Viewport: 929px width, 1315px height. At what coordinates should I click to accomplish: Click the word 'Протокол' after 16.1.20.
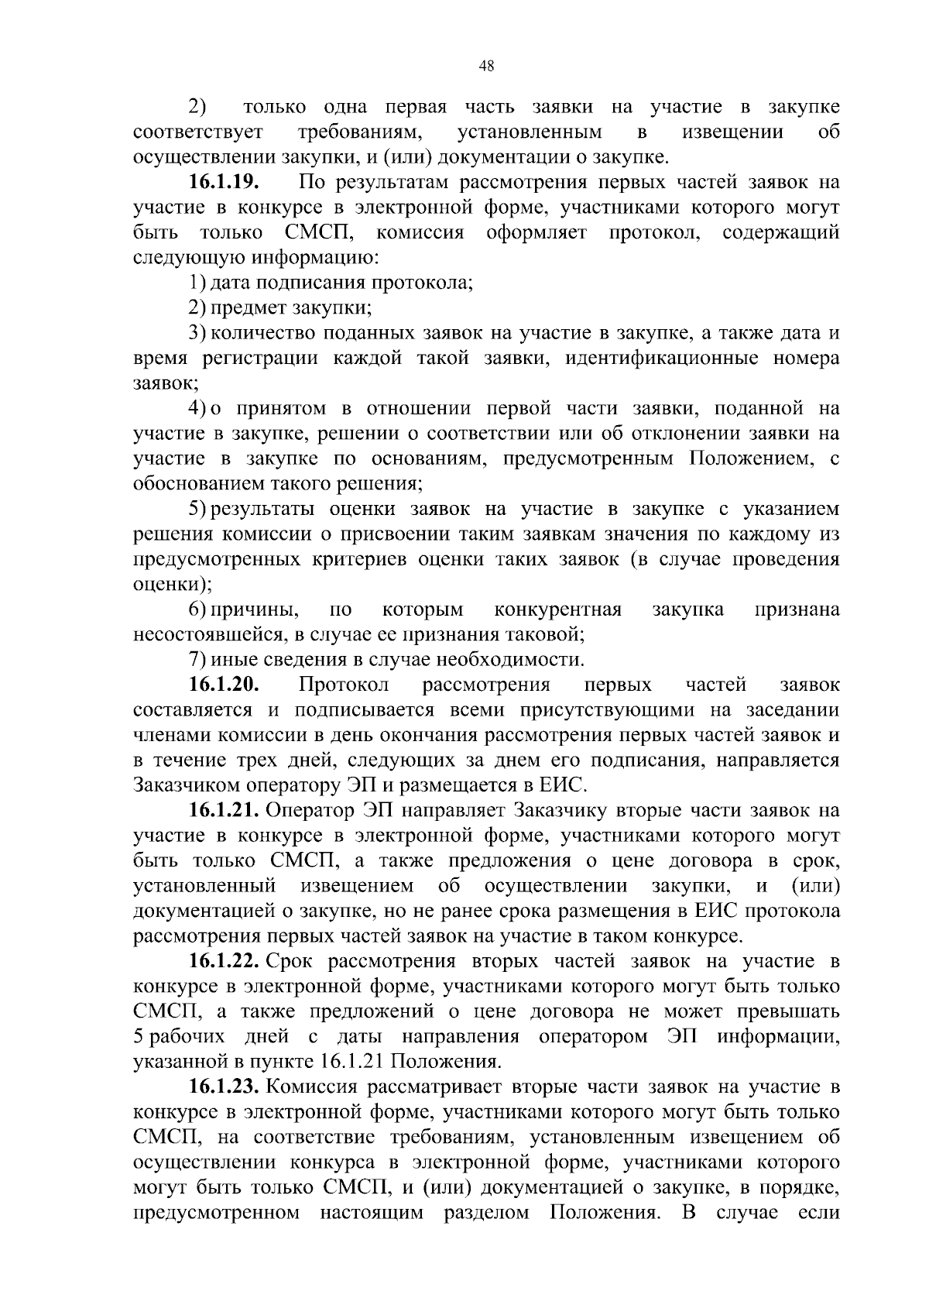[x=344, y=685]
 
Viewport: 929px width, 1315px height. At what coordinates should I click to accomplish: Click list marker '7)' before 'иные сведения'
[x=197, y=660]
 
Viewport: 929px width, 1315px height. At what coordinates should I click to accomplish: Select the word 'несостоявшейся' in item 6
[x=207, y=635]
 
